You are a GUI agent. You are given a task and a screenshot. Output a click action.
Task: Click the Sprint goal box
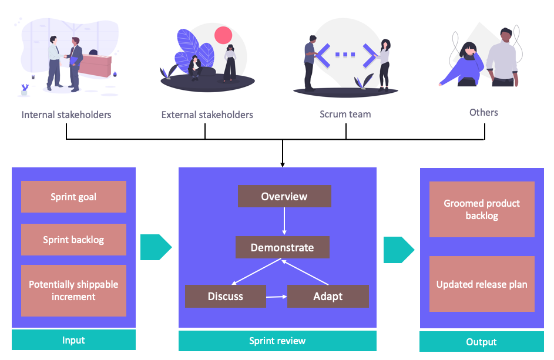[73, 197]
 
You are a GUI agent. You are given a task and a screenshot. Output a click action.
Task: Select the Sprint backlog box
[73, 240]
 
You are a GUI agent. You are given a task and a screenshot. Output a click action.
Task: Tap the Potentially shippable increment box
[73, 291]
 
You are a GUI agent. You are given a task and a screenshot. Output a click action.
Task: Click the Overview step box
[284, 197]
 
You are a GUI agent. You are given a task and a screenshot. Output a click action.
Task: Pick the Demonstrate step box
[283, 248]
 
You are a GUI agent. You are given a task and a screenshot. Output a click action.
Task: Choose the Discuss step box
[226, 296]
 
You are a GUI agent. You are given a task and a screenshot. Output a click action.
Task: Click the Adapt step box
[328, 296]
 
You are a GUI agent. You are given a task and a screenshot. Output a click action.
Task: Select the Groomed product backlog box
[482, 210]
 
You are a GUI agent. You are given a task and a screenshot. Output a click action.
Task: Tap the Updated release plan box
[482, 284]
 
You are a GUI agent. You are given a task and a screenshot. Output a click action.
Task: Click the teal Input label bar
[73, 340]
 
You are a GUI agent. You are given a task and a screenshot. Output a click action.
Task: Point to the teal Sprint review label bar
[277, 341]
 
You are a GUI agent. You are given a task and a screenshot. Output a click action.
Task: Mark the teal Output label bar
[482, 342]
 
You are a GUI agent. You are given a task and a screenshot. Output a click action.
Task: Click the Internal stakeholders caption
[66, 115]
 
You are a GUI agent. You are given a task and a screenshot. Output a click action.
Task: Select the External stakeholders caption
[207, 115]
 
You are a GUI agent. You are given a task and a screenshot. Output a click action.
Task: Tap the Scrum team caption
[345, 114]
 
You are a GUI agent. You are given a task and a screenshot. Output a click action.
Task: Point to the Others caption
[484, 112]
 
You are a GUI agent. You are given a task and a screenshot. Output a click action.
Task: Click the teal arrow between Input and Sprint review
[155, 247]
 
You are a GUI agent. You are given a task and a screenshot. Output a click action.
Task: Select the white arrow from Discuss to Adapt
[276, 297]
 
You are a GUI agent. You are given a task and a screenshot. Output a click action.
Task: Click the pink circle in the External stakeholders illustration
[223, 36]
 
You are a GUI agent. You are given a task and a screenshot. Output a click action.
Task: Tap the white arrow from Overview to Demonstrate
[284, 221]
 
